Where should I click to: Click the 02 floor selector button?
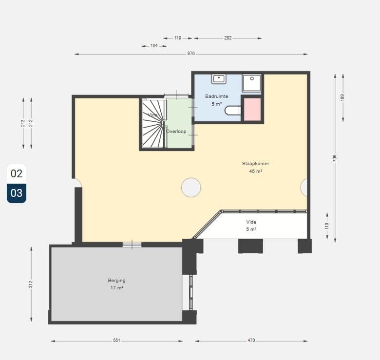(x=17, y=174)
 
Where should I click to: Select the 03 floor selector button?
(x=17, y=193)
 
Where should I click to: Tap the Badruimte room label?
(x=217, y=96)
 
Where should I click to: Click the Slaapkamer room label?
(x=255, y=164)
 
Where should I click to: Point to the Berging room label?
(x=116, y=281)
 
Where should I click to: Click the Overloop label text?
(x=176, y=132)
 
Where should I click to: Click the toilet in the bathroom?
(x=233, y=111)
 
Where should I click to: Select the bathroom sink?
(x=219, y=79)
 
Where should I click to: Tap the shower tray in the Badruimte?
(x=252, y=83)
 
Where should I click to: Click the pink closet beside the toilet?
(x=252, y=109)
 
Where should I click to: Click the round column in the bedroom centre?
(x=191, y=187)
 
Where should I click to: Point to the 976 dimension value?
(x=191, y=54)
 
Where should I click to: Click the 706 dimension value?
(x=335, y=158)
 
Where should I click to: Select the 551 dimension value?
(x=116, y=341)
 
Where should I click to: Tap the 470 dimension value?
(x=251, y=341)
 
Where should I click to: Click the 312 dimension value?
(x=31, y=284)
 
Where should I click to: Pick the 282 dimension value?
(x=228, y=38)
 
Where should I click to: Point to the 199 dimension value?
(x=342, y=97)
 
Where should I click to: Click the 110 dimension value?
(x=327, y=226)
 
